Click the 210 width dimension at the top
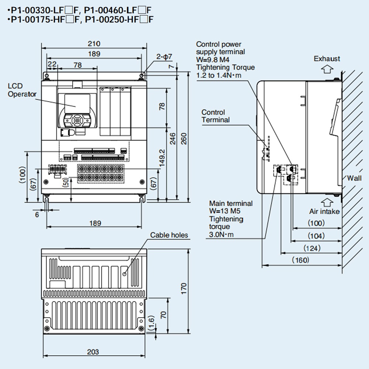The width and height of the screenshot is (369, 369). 94,44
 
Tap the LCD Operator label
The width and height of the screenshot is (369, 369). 22,90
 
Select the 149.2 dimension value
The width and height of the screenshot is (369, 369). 162,158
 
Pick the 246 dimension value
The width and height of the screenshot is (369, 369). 172,138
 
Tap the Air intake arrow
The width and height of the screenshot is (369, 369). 325,202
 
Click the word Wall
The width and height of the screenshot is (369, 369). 354,178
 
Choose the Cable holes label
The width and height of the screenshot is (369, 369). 169,235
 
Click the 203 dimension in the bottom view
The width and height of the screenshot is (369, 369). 93,352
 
